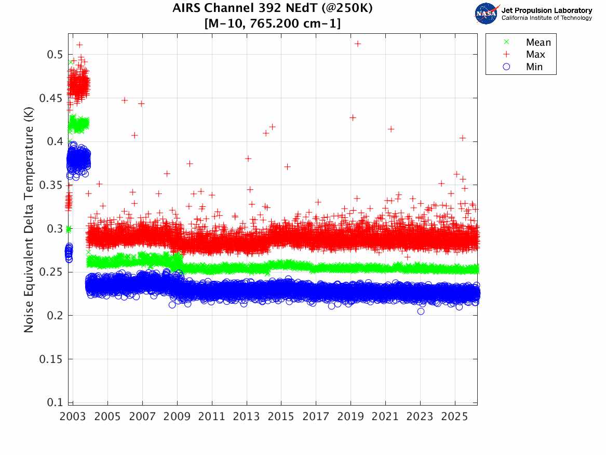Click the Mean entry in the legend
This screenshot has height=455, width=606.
[x=538, y=43]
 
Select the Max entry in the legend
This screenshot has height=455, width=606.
[x=535, y=55]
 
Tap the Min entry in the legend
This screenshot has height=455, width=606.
[x=534, y=67]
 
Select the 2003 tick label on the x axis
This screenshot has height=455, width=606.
[x=73, y=417]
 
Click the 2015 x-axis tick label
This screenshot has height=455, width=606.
[x=281, y=417]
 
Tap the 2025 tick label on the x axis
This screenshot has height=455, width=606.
[x=455, y=417]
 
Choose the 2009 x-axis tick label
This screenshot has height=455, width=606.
[x=177, y=417]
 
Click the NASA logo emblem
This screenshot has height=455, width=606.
[x=487, y=14]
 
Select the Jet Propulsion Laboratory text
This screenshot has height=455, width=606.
[x=546, y=10]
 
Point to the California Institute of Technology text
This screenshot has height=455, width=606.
[x=546, y=18]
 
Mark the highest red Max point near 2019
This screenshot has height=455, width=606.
[x=358, y=44]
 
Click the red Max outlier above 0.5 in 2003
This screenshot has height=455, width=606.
[x=79, y=45]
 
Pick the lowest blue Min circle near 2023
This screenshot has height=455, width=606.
[x=421, y=311]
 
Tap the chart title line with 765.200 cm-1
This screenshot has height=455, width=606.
[x=273, y=23]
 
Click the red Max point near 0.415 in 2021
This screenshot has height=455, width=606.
[x=391, y=129]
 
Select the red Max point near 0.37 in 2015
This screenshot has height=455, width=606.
[x=287, y=166]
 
